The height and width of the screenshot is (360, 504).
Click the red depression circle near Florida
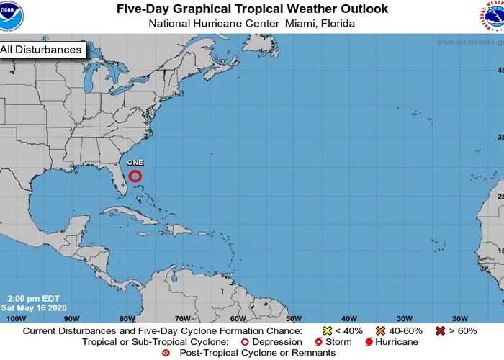[x=135, y=176]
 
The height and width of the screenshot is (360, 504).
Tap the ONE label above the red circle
[x=135, y=163]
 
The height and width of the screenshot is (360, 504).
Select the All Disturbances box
[x=42, y=50]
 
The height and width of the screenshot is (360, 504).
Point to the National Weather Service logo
[x=492, y=16]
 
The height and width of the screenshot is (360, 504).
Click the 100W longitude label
[x=15, y=318]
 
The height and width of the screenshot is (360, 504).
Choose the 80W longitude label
[x=127, y=318]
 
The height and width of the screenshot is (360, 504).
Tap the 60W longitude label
[x=238, y=318]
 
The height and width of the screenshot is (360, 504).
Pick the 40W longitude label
[x=348, y=318]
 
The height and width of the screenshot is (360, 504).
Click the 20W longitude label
[x=459, y=318]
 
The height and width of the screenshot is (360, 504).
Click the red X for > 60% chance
[x=440, y=331]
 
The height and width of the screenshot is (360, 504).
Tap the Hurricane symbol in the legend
[x=369, y=342]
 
